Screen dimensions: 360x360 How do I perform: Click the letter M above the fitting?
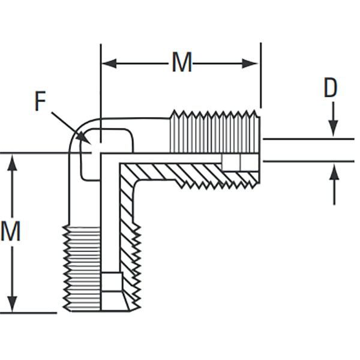182,62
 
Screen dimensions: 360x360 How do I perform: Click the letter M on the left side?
11,232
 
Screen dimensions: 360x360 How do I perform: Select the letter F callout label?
40,102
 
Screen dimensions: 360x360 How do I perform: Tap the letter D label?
331,88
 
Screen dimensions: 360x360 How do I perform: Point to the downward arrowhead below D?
334,131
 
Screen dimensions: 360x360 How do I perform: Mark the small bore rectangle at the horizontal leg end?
240,162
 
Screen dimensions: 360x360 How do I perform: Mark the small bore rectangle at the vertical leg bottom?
112,282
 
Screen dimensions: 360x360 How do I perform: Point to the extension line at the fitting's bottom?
30,313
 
